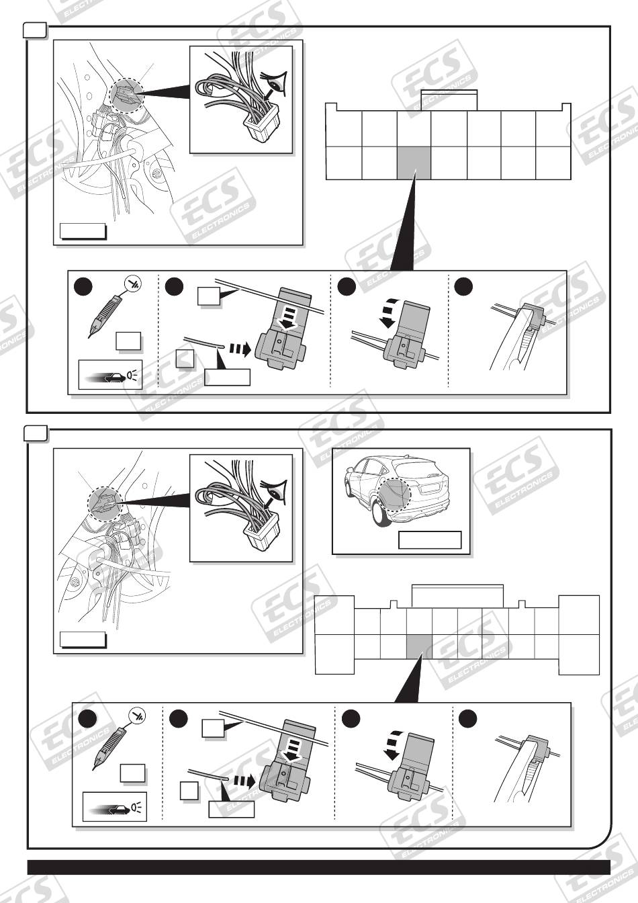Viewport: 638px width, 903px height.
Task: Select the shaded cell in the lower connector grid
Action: tap(420, 646)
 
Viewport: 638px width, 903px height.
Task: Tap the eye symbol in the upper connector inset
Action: tap(274, 84)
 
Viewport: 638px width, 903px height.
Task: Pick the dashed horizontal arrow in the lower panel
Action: tap(243, 781)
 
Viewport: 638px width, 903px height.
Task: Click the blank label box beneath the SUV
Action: tap(430, 540)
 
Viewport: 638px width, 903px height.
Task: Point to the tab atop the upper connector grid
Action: tap(449, 98)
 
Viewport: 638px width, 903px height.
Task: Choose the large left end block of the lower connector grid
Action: tap(334, 634)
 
